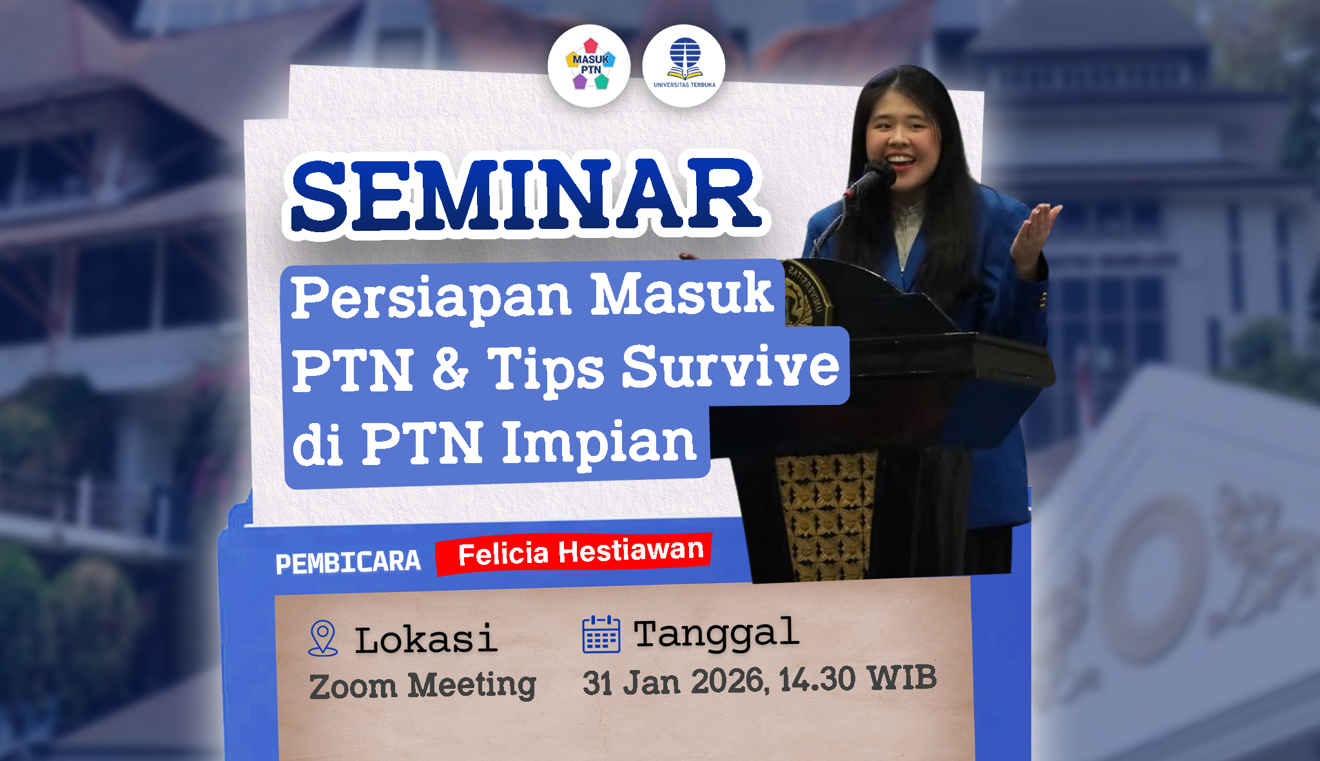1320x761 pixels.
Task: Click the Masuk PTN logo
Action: point(589,66)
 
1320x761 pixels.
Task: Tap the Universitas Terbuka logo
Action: point(684,66)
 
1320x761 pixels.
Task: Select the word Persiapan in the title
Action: point(431,297)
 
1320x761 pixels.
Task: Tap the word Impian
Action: point(599,443)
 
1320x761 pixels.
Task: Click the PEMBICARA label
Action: point(348,562)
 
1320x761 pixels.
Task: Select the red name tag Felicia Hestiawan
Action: point(574,553)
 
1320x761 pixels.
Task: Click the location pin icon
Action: point(323,638)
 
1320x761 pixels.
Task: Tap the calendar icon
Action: point(601,635)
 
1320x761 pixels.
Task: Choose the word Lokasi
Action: point(426,640)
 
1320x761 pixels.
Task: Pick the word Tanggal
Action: point(717,634)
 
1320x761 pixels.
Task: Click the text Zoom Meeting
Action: point(423,686)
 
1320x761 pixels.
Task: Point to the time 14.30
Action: point(817,680)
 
